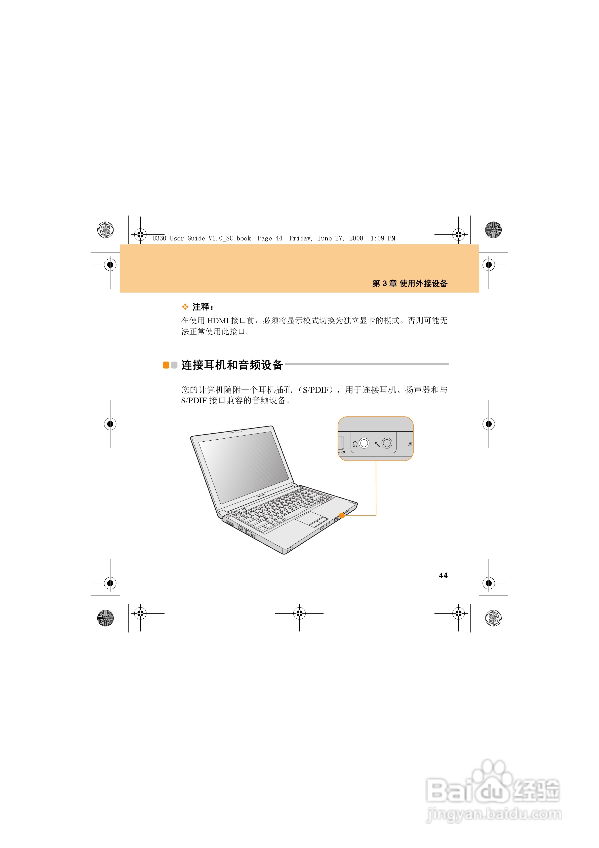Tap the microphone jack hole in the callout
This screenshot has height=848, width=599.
click(387, 443)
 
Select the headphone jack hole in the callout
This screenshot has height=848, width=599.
click(364, 443)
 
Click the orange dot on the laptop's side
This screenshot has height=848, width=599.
click(342, 515)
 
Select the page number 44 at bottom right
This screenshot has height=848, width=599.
click(443, 575)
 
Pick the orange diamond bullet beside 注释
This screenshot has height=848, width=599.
click(185, 307)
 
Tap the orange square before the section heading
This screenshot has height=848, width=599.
click(166, 365)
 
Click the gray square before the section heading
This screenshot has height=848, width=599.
click(174, 365)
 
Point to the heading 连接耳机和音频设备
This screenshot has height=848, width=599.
click(232, 365)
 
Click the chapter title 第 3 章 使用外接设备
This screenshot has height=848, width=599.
click(410, 283)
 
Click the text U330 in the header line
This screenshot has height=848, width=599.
click(159, 238)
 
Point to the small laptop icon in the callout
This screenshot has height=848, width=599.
click(410, 444)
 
